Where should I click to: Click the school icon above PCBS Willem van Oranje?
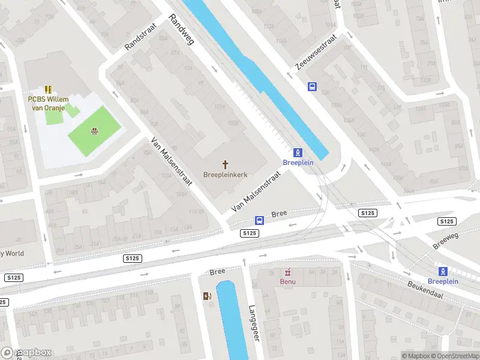(x=48, y=89)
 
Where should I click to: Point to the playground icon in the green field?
(x=94, y=131)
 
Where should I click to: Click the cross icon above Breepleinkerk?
(x=226, y=164)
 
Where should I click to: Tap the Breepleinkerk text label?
(x=226, y=175)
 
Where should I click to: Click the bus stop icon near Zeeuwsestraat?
(x=312, y=86)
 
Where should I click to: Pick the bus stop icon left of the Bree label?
(x=259, y=220)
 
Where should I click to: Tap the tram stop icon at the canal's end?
(x=297, y=152)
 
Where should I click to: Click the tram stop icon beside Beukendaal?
(x=443, y=271)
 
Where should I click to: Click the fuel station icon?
(x=207, y=295)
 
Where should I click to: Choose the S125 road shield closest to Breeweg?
(x=446, y=221)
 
